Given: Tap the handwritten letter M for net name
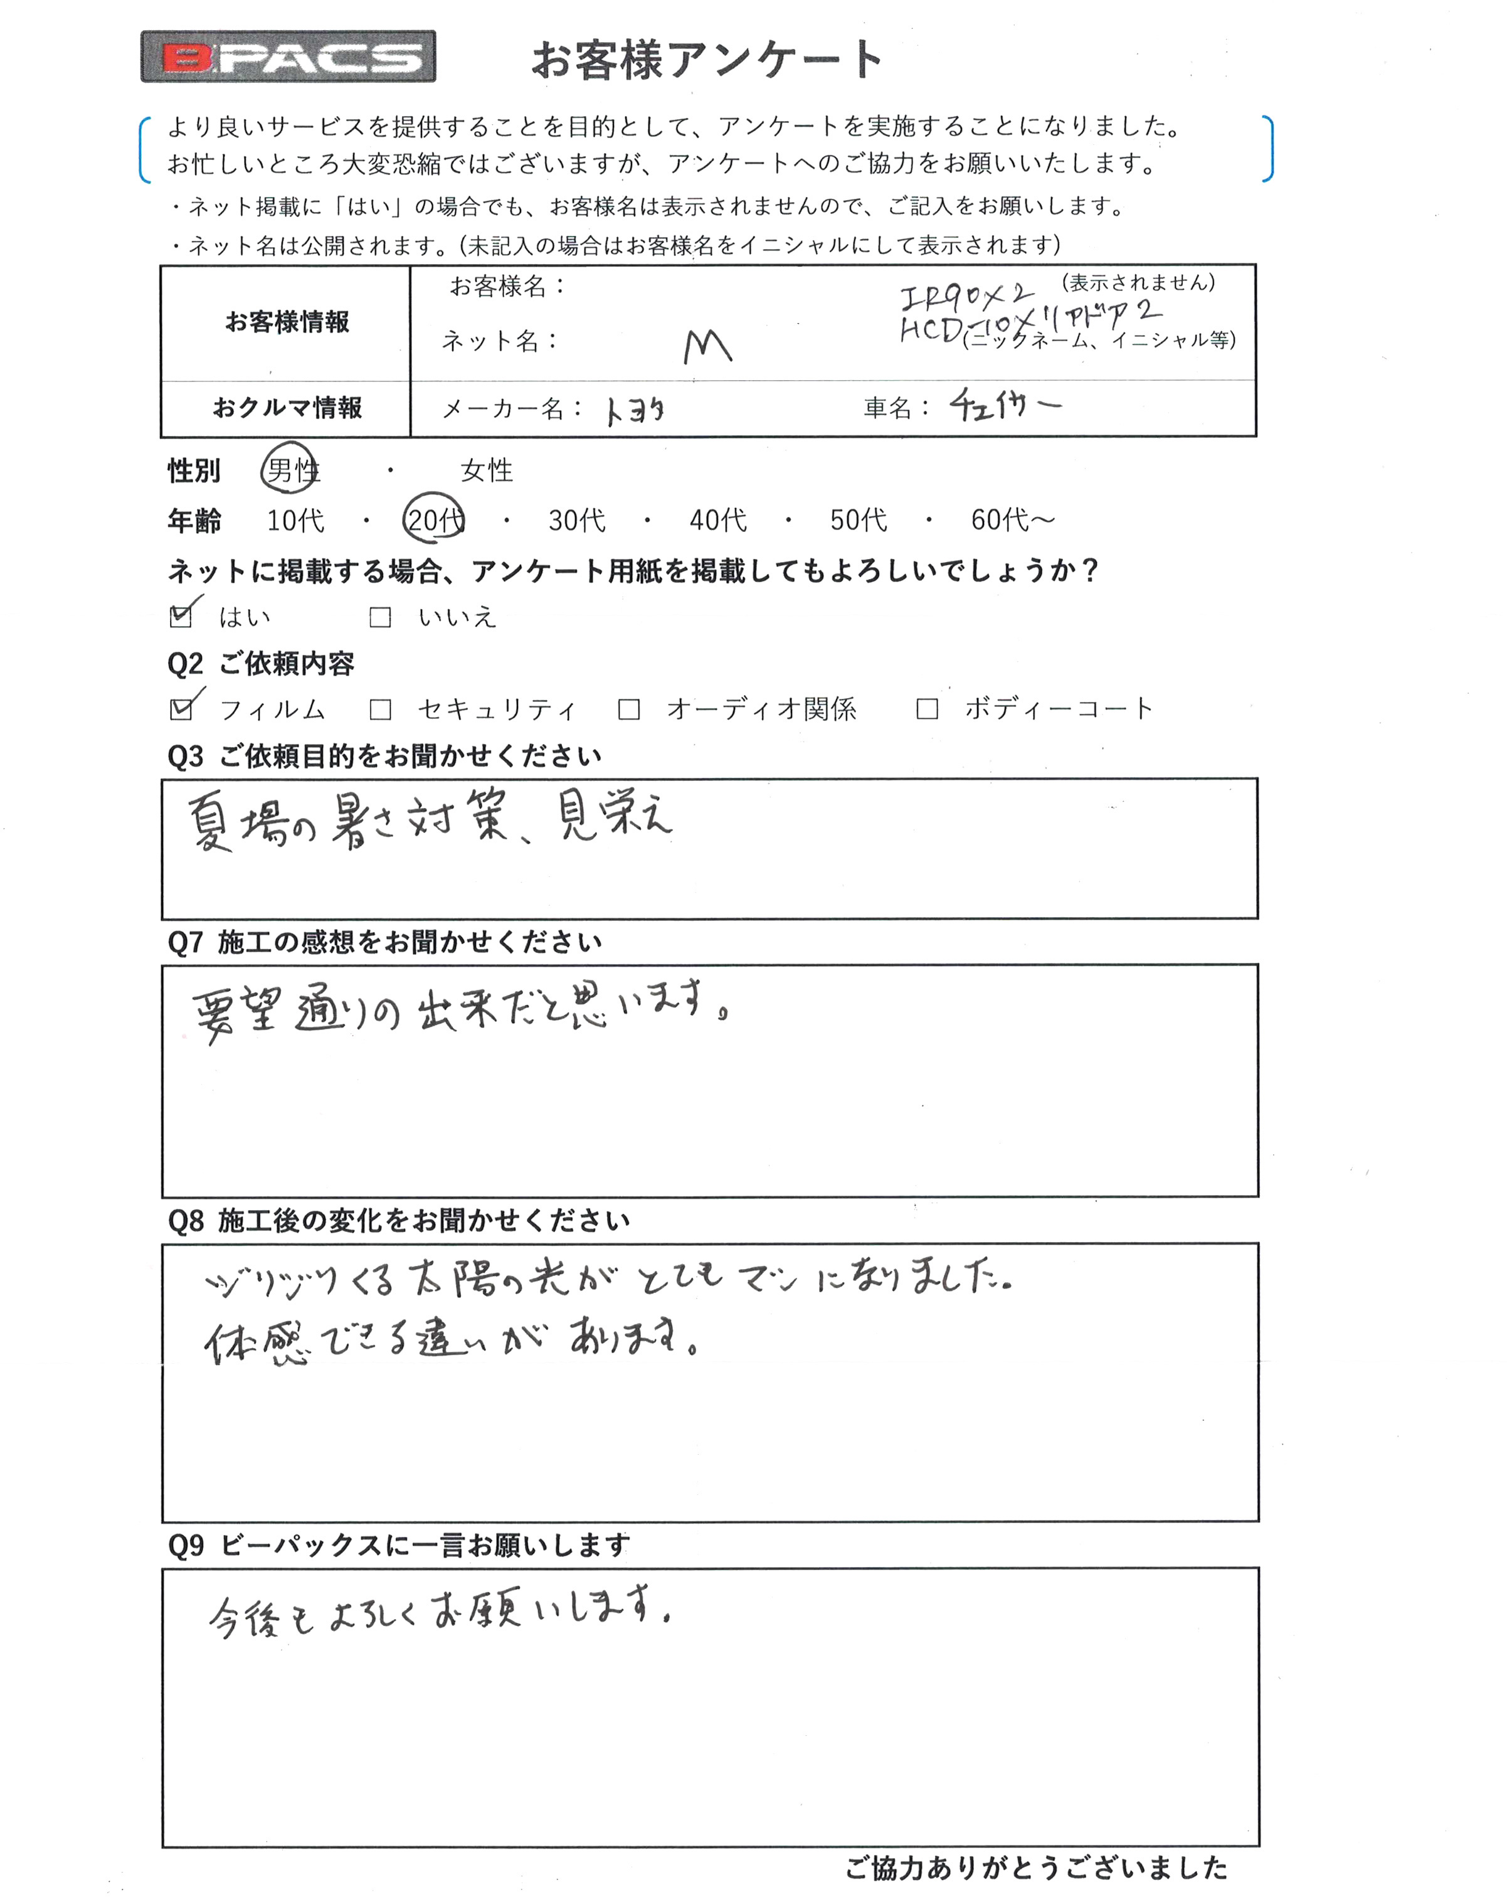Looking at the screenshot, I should pos(707,347).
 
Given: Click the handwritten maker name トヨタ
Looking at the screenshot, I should pos(635,410).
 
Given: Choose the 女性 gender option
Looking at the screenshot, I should pos(486,470).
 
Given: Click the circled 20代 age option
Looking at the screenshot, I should pos(434,519).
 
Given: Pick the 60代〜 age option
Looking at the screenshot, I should pos(1012,519).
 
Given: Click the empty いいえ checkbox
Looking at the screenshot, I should pos(380,617).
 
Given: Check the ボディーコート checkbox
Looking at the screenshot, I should pos(927,708).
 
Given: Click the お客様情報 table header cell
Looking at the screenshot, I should pos(287,322).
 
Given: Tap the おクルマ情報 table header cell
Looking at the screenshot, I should pos(287,408).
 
